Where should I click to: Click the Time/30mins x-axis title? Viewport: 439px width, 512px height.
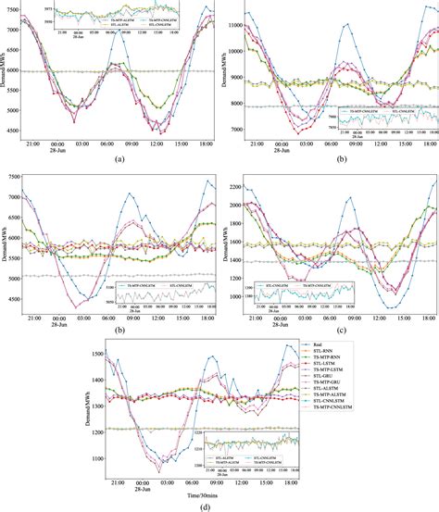(x=219, y=492)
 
